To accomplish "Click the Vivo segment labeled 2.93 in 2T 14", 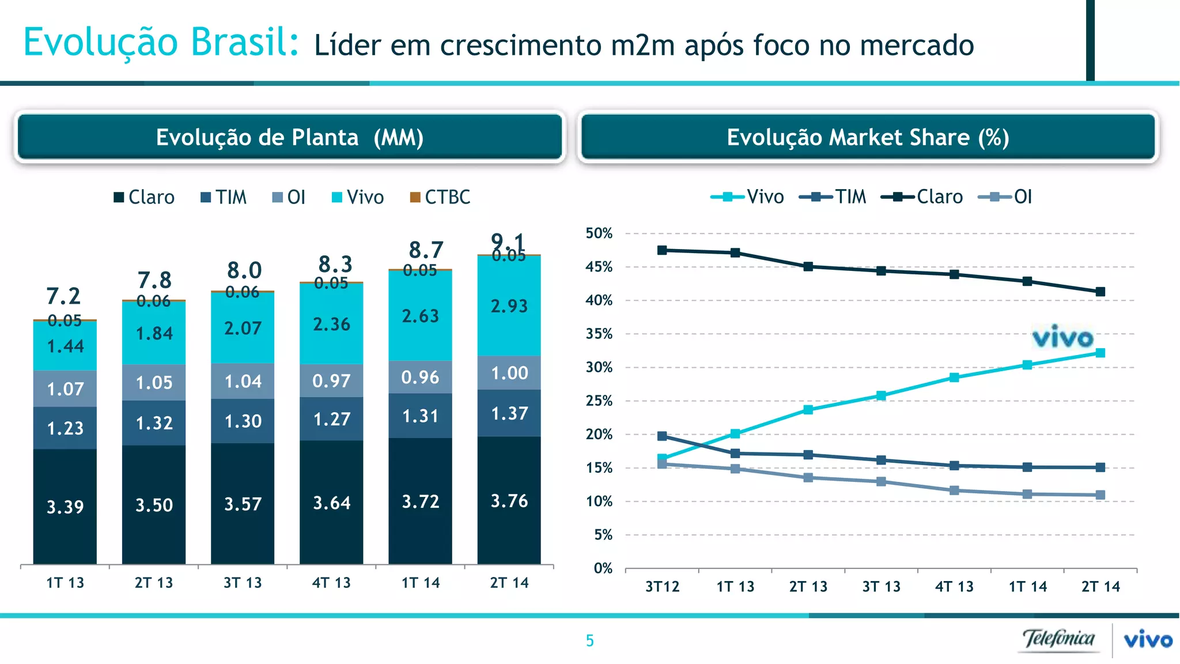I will (x=509, y=306).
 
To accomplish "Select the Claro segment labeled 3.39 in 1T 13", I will (x=65, y=506).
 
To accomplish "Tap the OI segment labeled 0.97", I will (x=331, y=380).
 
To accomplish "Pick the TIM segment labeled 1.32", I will (x=154, y=423).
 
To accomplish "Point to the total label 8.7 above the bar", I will (x=426, y=250).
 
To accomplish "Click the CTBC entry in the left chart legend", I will (x=440, y=197).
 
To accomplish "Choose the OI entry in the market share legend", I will (x=1005, y=197).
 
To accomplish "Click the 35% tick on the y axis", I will (x=599, y=334).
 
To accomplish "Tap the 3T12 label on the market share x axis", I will (x=662, y=587).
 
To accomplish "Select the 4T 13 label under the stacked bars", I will (x=331, y=583).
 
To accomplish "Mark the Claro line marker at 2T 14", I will (x=1100, y=292).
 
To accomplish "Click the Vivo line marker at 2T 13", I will (x=808, y=410).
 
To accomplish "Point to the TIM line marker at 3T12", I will (x=662, y=436).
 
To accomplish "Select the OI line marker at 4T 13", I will (x=954, y=491).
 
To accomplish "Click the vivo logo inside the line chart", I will (x=1062, y=337).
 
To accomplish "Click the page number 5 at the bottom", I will (x=589, y=640).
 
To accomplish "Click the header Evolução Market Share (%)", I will (x=868, y=137).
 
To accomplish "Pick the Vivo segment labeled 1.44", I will (x=65, y=346).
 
